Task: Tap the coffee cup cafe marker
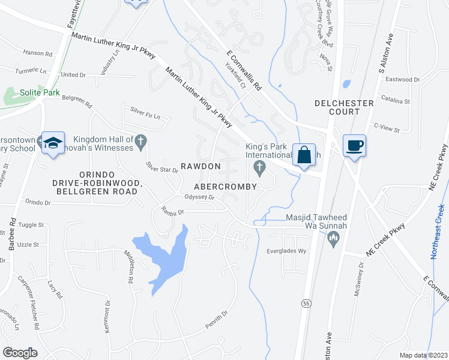[354, 145]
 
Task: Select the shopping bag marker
[304, 154]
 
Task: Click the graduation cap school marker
[53, 143]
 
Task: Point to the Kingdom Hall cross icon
[141, 142]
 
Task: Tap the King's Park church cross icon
[260, 167]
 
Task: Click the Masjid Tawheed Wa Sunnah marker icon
[333, 240]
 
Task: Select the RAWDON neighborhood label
[201, 166]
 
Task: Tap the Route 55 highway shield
[306, 303]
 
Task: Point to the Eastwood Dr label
[403, 79]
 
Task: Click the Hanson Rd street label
[38, 53]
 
